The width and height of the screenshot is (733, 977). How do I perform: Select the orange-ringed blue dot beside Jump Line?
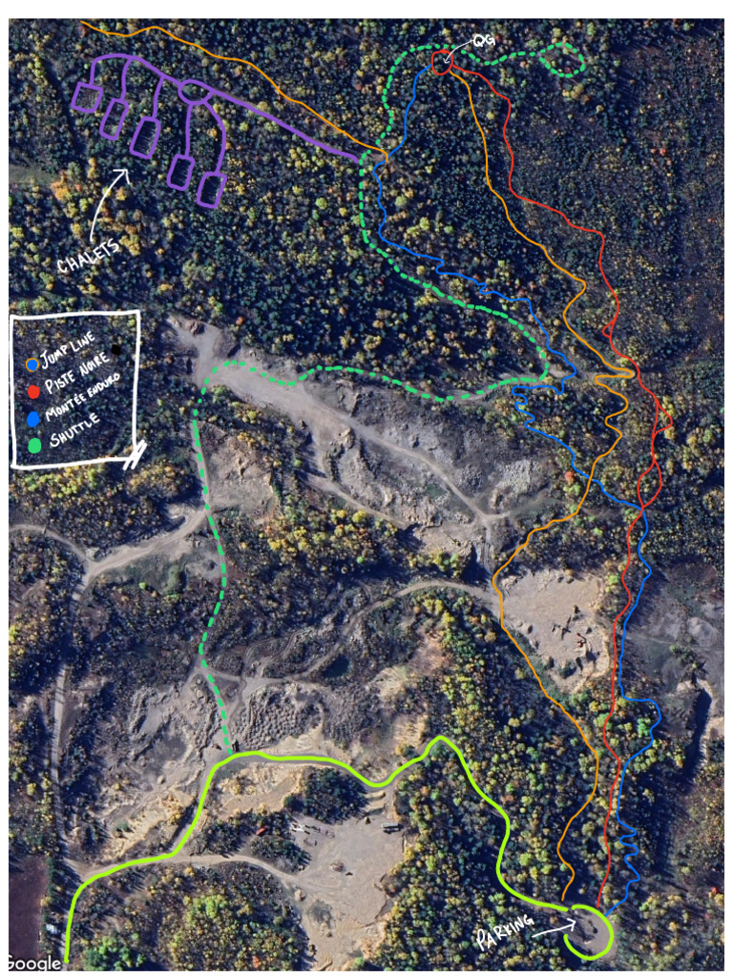[33, 364]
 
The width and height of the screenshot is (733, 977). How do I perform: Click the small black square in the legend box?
[116, 350]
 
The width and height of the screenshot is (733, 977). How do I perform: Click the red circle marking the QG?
[441, 63]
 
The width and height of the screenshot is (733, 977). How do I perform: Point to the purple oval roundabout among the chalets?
[193, 93]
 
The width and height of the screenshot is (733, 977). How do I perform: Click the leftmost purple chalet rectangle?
[87, 98]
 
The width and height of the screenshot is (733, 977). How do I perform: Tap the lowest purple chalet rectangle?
[211, 189]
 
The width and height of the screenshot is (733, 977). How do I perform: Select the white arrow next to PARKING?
[555, 926]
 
